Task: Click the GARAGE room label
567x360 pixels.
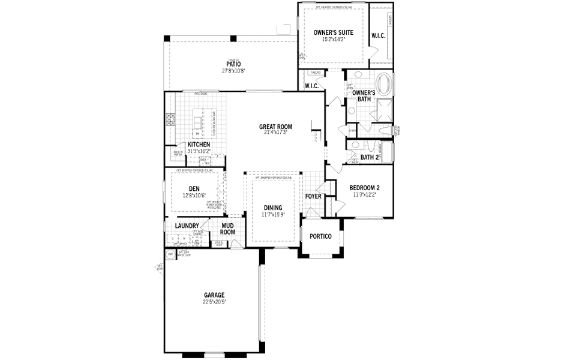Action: [x=214, y=295]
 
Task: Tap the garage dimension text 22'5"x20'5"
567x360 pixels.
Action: [x=214, y=302]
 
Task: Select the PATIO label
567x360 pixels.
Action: [x=233, y=64]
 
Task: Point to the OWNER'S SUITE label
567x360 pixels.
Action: [x=333, y=32]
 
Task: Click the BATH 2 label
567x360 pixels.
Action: [x=370, y=157]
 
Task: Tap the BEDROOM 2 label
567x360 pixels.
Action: [x=364, y=187]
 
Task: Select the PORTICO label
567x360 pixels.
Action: [x=320, y=236]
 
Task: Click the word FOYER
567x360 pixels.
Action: [x=313, y=196]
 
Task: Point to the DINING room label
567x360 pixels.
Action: [x=272, y=208]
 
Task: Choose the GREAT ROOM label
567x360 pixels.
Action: [x=275, y=127]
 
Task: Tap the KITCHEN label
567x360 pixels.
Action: [x=199, y=145]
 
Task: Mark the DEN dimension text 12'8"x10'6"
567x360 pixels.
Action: [x=194, y=196]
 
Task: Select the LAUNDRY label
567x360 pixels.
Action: [x=187, y=226]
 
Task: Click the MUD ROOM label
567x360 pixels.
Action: [x=227, y=229]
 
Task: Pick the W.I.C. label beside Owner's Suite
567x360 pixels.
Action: [x=378, y=36]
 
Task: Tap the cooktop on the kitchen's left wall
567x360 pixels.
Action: [x=170, y=119]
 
